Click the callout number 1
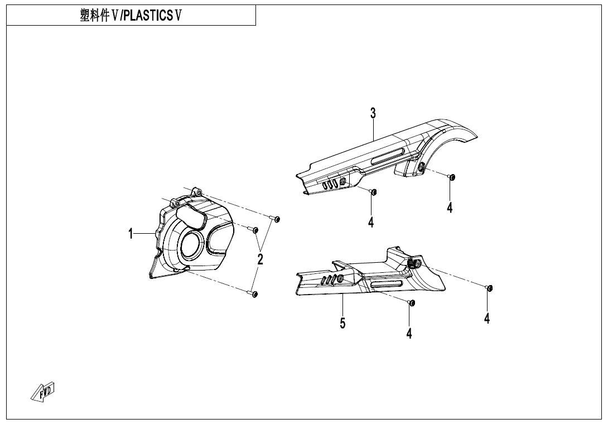click(x=131, y=234)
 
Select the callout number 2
click(x=260, y=259)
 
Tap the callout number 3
click(x=373, y=113)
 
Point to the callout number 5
click(x=342, y=322)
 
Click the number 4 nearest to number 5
click(x=409, y=333)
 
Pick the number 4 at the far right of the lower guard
click(x=487, y=318)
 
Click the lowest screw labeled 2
click(x=254, y=293)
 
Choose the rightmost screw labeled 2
click(x=276, y=218)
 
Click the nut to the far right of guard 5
click(x=489, y=288)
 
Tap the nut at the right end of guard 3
click(x=452, y=177)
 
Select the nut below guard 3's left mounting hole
click(x=374, y=192)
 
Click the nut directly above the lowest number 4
click(x=411, y=302)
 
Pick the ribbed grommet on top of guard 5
click(x=414, y=263)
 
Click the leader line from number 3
click(x=373, y=129)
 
